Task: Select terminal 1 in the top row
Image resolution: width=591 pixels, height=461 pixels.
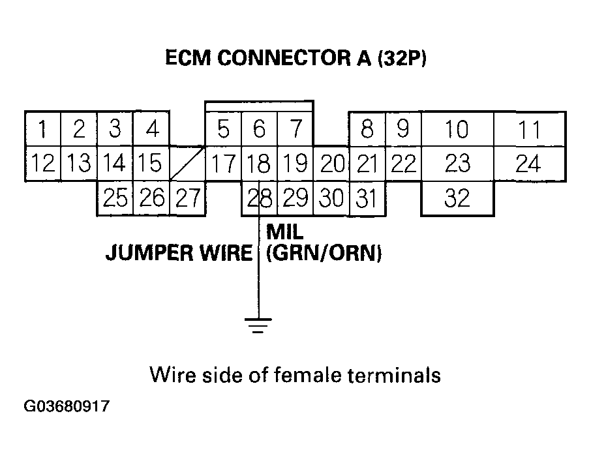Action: pos(42,129)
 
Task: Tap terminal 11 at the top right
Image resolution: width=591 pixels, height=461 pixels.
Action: pos(528,129)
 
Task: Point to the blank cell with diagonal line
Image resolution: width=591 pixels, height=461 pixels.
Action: pos(188,163)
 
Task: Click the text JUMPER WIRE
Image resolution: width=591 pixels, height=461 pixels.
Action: pos(179,253)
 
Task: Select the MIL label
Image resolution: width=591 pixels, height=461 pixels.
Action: pos(285,231)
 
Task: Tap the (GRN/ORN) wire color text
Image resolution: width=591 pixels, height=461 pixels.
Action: pos(324,253)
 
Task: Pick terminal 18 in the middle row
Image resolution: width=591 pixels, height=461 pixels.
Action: pos(260,163)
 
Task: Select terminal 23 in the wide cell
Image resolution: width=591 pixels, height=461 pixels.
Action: pos(457,163)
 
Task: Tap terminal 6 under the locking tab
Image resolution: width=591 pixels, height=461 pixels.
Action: pos(260,129)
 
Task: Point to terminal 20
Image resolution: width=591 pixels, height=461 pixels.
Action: pos(331,163)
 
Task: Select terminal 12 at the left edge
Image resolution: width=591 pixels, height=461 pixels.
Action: pos(42,163)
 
